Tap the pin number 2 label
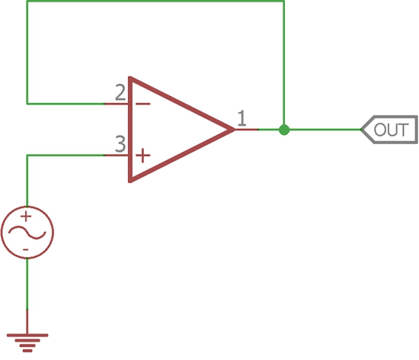click(x=120, y=92)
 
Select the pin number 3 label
click(x=120, y=144)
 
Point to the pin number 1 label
click(x=241, y=118)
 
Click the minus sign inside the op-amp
click(x=143, y=104)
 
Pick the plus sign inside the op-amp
click(x=143, y=156)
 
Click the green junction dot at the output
click(x=284, y=130)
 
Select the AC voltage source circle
click(x=27, y=207)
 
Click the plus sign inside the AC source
click(x=26, y=217)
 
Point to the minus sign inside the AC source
click(x=26, y=250)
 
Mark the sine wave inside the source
click(x=27, y=233)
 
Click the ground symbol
click(x=27, y=343)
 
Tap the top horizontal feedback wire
click(x=155, y=1)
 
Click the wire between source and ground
click(x=27, y=284)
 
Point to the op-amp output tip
click(x=235, y=130)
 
